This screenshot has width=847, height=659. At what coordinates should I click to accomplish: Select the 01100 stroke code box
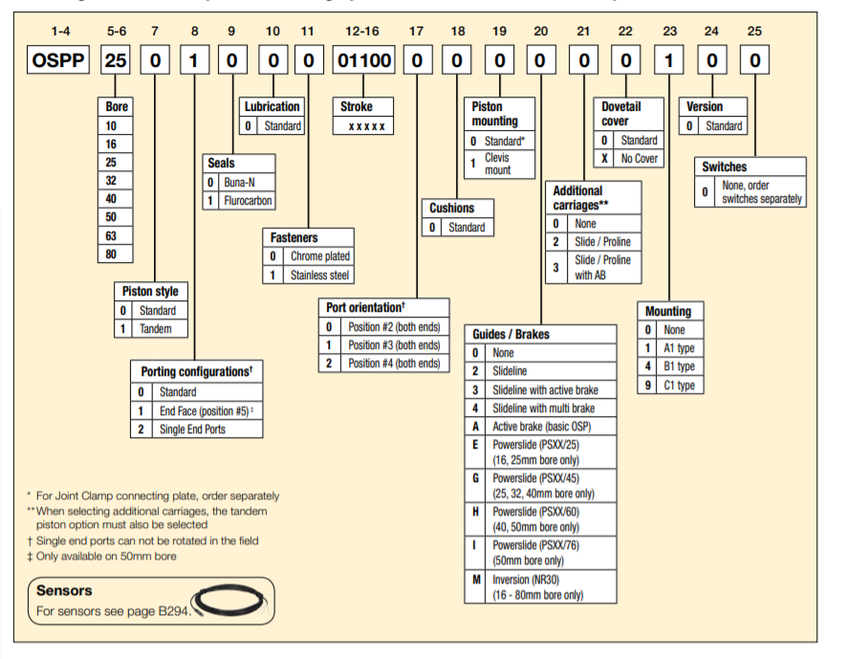click(x=363, y=62)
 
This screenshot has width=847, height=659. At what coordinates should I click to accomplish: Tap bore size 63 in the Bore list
click(x=112, y=235)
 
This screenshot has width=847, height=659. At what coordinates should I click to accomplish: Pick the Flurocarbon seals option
click(x=247, y=201)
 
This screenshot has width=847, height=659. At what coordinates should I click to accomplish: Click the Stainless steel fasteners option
click(x=319, y=275)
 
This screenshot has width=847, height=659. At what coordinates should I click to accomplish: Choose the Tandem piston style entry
click(x=157, y=329)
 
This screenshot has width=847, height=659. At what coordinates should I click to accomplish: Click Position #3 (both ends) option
click(x=393, y=345)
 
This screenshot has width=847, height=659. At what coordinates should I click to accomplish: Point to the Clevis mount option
click(x=497, y=164)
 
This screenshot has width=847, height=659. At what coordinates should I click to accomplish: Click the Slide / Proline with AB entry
click(x=602, y=268)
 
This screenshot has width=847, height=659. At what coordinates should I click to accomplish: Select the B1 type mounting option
click(x=679, y=367)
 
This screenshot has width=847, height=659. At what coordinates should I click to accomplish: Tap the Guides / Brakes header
click(x=511, y=334)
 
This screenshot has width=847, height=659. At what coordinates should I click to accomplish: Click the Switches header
click(x=725, y=166)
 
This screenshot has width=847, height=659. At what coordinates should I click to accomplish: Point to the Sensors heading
click(x=64, y=590)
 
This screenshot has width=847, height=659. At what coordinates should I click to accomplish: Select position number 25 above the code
click(x=754, y=32)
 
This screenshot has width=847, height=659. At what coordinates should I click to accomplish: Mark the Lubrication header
click(x=271, y=106)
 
